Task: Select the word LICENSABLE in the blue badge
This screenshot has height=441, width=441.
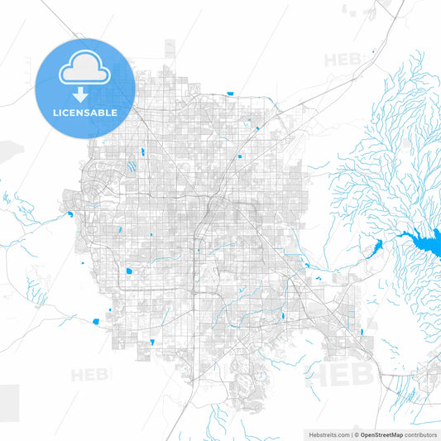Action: coord(84,112)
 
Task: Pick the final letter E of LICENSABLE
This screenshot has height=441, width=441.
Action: coord(115,112)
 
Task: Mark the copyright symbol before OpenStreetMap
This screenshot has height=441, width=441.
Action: coord(356,434)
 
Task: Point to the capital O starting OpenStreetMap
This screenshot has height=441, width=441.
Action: coord(362,434)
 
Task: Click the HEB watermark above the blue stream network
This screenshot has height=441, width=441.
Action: coord(343,60)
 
